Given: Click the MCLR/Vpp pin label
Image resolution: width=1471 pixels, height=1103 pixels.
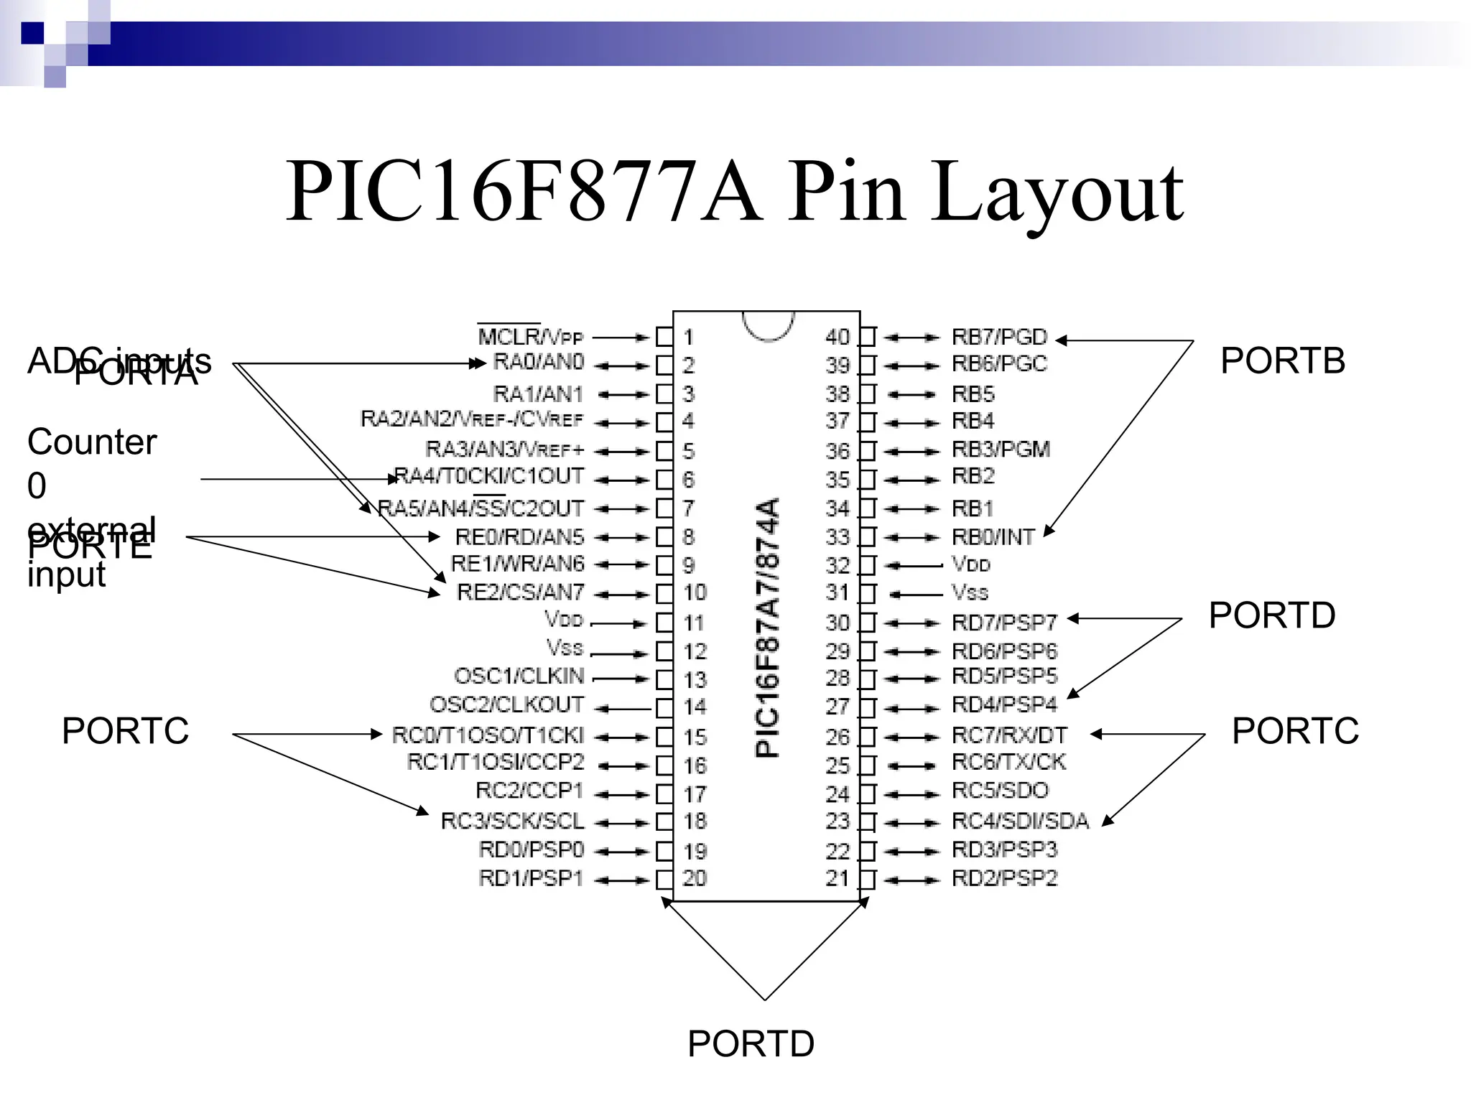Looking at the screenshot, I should coord(530,337).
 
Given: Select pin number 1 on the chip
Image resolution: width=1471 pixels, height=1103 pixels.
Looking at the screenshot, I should coord(688,337).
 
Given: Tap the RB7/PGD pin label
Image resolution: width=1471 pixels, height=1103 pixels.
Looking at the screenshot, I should coord(999,337).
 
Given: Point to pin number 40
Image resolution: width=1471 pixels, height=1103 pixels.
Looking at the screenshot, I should coord(837,337).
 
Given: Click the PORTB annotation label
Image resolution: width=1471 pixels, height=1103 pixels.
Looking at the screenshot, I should coord(1282,360).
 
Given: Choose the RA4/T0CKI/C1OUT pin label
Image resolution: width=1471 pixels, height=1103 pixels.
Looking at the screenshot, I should coord(489,476).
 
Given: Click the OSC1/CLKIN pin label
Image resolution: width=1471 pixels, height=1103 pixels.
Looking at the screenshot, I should coord(519,676).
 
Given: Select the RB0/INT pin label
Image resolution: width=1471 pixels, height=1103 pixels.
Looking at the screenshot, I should coord(993,536).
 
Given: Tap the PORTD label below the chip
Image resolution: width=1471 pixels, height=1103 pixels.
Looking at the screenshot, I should coord(751,1043).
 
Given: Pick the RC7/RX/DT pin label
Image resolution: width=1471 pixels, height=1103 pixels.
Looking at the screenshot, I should coord(1009,735).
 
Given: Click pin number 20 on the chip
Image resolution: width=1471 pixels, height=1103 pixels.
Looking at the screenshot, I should coord(695,878).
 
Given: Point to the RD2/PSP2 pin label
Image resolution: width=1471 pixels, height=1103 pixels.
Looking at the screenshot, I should coord(1004,878).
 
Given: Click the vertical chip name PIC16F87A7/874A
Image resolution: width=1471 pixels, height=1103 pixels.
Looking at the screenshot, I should coord(767,627).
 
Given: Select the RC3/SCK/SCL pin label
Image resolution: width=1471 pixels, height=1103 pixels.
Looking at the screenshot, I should coord(512,821).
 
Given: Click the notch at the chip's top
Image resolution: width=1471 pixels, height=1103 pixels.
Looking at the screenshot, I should coord(768,325).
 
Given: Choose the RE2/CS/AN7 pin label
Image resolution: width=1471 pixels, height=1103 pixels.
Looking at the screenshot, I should coord(520,592).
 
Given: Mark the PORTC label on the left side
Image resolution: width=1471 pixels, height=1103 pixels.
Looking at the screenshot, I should coord(125,731).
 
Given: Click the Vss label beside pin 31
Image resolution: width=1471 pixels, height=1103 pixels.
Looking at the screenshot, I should coord(970,592).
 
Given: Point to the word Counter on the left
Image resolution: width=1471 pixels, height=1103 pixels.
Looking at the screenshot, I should coord(92,442).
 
